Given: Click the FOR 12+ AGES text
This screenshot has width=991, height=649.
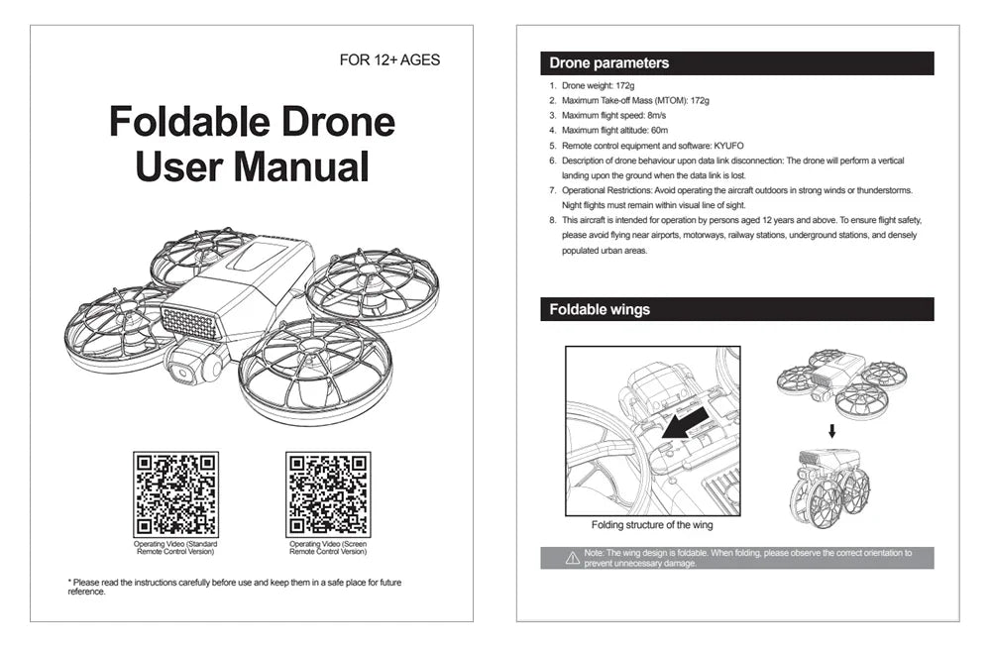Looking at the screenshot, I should click(x=389, y=60).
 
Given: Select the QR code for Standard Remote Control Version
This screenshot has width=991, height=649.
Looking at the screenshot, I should click(x=175, y=494).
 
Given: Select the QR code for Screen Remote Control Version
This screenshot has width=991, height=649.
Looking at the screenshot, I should click(x=328, y=494).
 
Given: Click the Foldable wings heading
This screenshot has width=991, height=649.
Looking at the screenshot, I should click(x=601, y=310).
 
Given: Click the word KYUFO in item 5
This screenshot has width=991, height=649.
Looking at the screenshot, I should click(x=728, y=145).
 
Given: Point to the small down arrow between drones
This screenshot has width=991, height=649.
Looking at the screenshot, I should click(x=832, y=431).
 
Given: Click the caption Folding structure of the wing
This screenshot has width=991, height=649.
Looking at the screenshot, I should click(x=652, y=525).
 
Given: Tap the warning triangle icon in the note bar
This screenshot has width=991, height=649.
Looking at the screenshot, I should click(x=572, y=559).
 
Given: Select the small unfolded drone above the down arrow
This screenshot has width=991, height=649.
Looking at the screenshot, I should click(x=832, y=380).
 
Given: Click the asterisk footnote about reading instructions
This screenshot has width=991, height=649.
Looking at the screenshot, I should click(x=234, y=587).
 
